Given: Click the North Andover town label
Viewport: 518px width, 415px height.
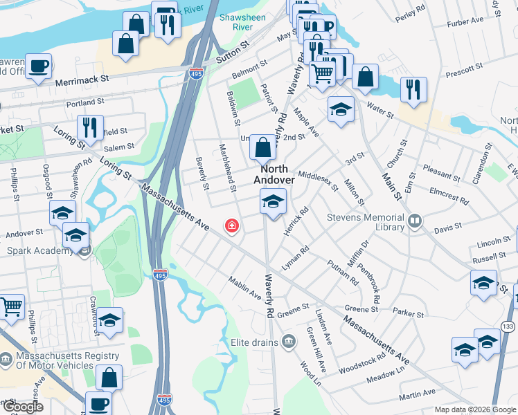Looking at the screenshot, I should point(274,174).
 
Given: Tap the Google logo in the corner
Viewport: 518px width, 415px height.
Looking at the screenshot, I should point(22,407).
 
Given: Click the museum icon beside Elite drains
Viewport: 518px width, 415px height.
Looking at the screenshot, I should point(289,341).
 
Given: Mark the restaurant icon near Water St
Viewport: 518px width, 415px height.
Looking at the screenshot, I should point(413,90).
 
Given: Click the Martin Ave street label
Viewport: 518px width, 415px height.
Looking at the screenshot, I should point(418,396).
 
